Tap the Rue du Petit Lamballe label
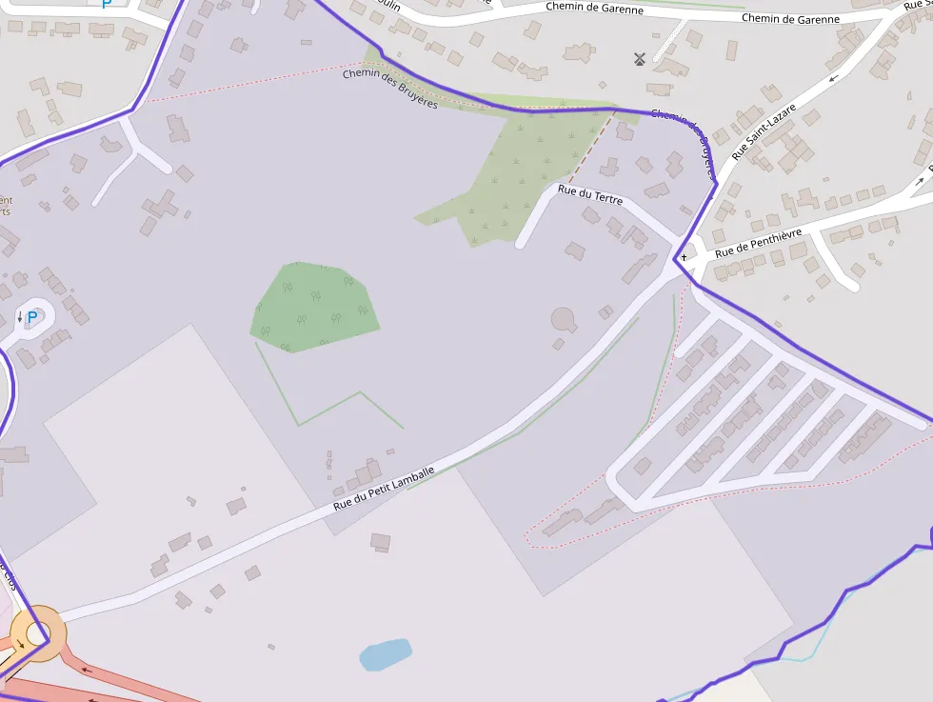(384, 487)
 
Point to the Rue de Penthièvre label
(759, 243)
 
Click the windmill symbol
(640, 59)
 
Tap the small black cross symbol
(684, 257)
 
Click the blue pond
(386, 654)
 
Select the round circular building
(564, 319)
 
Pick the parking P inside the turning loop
(32, 317)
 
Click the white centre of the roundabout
(36, 632)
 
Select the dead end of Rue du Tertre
(521, 244)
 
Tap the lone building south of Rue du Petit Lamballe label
(381, 542)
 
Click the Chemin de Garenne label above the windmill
(594, 8)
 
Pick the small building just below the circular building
(559, 344)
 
